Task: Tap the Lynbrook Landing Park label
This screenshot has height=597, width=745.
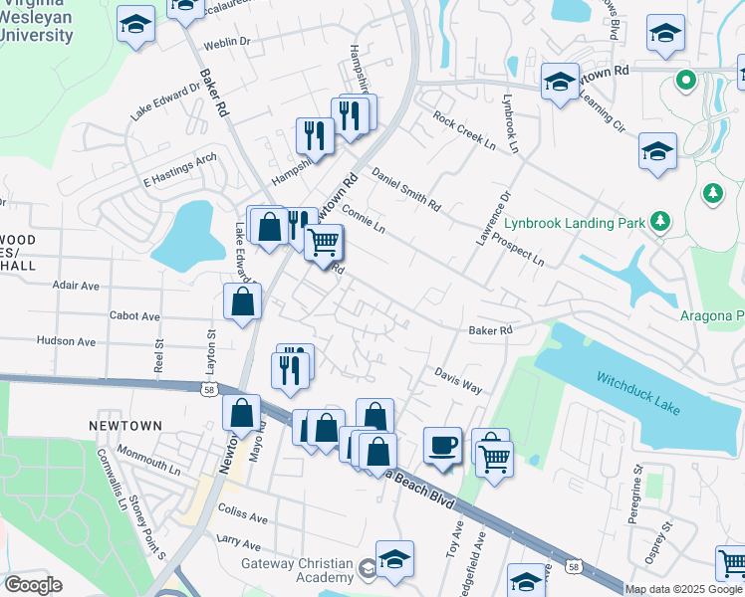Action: coord(575,224)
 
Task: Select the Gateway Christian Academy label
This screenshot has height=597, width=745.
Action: coord(297,570)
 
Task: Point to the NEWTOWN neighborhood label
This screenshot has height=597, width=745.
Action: coord(124,425)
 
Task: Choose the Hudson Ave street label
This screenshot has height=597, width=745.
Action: coord(66,341)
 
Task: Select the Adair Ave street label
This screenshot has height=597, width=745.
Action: coord(76,286)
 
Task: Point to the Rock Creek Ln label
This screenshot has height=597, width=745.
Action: coord(464,130)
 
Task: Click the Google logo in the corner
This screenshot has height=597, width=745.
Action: coord(33,585)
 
